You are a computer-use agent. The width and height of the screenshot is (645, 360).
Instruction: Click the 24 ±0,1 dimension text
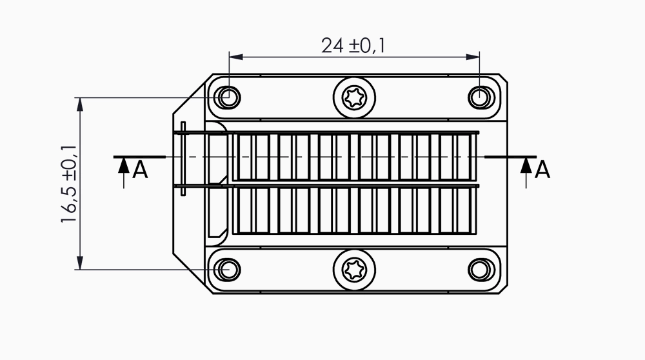pyautogui.click(x=353, y=45)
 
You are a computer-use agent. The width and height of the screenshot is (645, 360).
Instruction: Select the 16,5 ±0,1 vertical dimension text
pyautogui.click(x=69, y=184)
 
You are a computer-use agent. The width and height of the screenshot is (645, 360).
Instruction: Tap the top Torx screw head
pyautogui.click(x=354, y=98)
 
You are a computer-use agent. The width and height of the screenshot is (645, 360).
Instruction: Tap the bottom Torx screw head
pyautogui.click(x=354, y=270)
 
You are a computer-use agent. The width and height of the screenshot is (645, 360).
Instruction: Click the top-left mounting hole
pyautogui.click(x=228, y=98)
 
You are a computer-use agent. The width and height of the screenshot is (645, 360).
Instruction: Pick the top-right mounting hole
pyautogui.click(x=481, y=98)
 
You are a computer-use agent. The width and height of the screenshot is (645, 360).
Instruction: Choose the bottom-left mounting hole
pyautogui.click(x=228, y=270)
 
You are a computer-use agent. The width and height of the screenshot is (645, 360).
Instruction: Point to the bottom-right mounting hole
pyautogui.click(x=481, y=270)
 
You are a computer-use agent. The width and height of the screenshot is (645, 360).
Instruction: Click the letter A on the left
pyautogui.click(x=140, y=170)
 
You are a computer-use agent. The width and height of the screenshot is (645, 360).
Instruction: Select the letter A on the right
pyautogui.click(x=542, y=170)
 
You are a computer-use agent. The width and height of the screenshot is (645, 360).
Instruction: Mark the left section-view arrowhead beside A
pyautogui.click(x=124, y=165)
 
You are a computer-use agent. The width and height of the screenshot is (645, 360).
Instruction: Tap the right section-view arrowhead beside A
pyautogui.click(x=526, y=165)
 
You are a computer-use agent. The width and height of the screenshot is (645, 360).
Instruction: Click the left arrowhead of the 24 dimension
pyautogui.click(x=235, y=57)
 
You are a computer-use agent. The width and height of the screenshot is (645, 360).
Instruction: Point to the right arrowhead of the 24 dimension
pyautogui.click(x=473, y=57)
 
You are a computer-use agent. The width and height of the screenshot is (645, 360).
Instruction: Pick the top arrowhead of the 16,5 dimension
pyautogui.click(x=80, y=105)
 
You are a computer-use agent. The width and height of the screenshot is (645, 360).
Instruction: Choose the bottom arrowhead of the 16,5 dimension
pyautogui.click(x=80, y=263)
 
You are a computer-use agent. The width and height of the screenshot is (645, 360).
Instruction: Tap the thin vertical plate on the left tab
pyautogui.click(x=183, y=159)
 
